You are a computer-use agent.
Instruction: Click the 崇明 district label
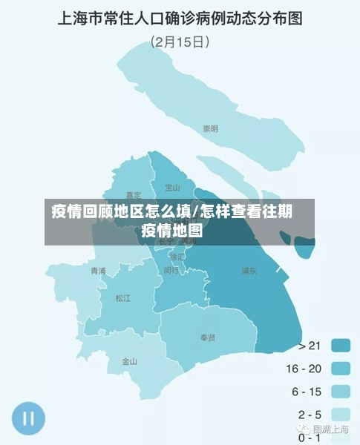click(x=211, y=128)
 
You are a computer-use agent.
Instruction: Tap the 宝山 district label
click(x=172, y=188)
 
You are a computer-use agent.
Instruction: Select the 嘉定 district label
click(x=134, y=195)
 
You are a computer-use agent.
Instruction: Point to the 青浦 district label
click(x=98, y=271)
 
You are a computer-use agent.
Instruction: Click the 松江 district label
click(x=122, y=298)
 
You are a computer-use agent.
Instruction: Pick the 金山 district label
click(x=130, y=362)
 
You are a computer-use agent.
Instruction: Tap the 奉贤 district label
click(x=208, y=337)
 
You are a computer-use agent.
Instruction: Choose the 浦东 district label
click(x=249, y=271)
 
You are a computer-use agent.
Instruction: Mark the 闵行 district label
click(x=171, y=271)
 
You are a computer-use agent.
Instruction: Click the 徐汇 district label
click(x=177, y=257)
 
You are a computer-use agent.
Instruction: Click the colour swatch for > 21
click(x=341, y=345)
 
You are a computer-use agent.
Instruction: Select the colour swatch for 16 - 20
click(x=341, y=368)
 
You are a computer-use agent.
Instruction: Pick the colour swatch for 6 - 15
click(x=341, y=391)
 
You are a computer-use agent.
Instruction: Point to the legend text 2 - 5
click(x=310, y=415)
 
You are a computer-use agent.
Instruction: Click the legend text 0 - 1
click(x=310, y=437)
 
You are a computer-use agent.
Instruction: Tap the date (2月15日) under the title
click(x=180, y=42)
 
